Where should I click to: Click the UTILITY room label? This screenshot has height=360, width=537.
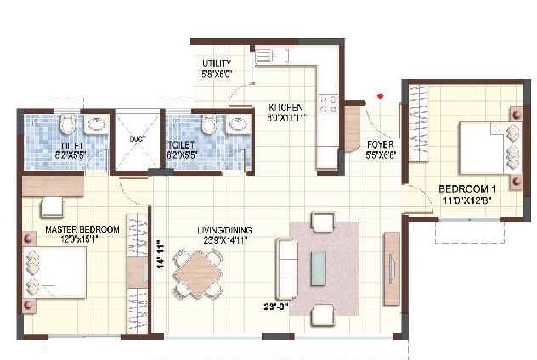(218, 64)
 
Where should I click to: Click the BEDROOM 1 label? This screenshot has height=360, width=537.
(466, 188)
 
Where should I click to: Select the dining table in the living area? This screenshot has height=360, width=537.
(199, 275)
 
